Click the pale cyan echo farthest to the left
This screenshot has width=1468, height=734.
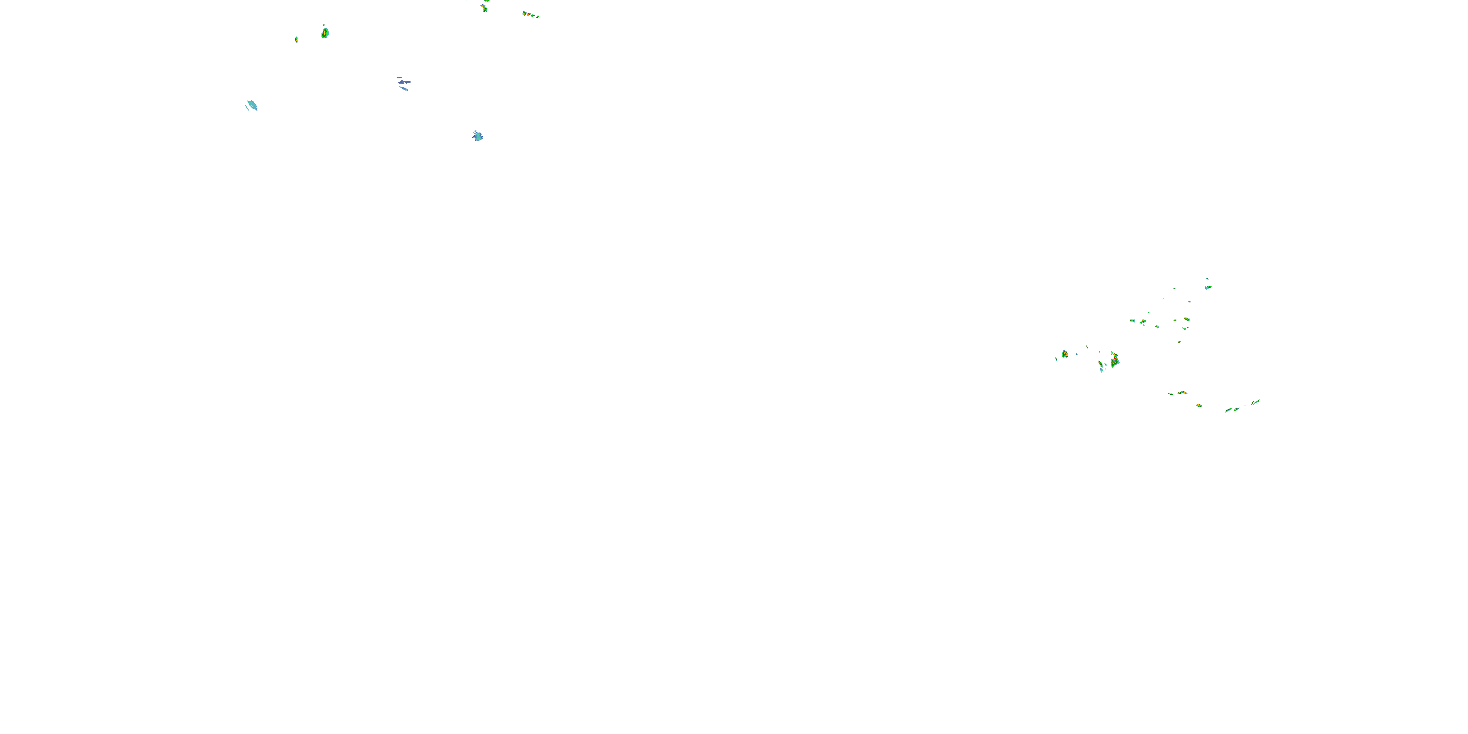tap(252, 105)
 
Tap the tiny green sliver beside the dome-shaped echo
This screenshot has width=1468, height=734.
tap(297, 39)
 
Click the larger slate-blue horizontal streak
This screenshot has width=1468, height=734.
tap(404, 82)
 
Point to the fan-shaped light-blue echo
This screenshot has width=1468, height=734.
tap(478, 136)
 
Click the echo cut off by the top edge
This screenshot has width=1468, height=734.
tap(486, 1)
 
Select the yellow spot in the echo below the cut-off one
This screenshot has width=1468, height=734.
tap(484, 7)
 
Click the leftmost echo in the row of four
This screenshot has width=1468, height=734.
tap(524, 13)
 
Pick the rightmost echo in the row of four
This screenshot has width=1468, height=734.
tap(538, 17)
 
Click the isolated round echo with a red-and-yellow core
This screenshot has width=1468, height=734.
tap(1064, 354)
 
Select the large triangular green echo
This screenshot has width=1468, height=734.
tap(1115, 361)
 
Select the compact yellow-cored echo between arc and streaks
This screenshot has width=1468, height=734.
tap(1199, 405)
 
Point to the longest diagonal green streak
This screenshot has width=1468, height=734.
tap(1255, 402)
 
